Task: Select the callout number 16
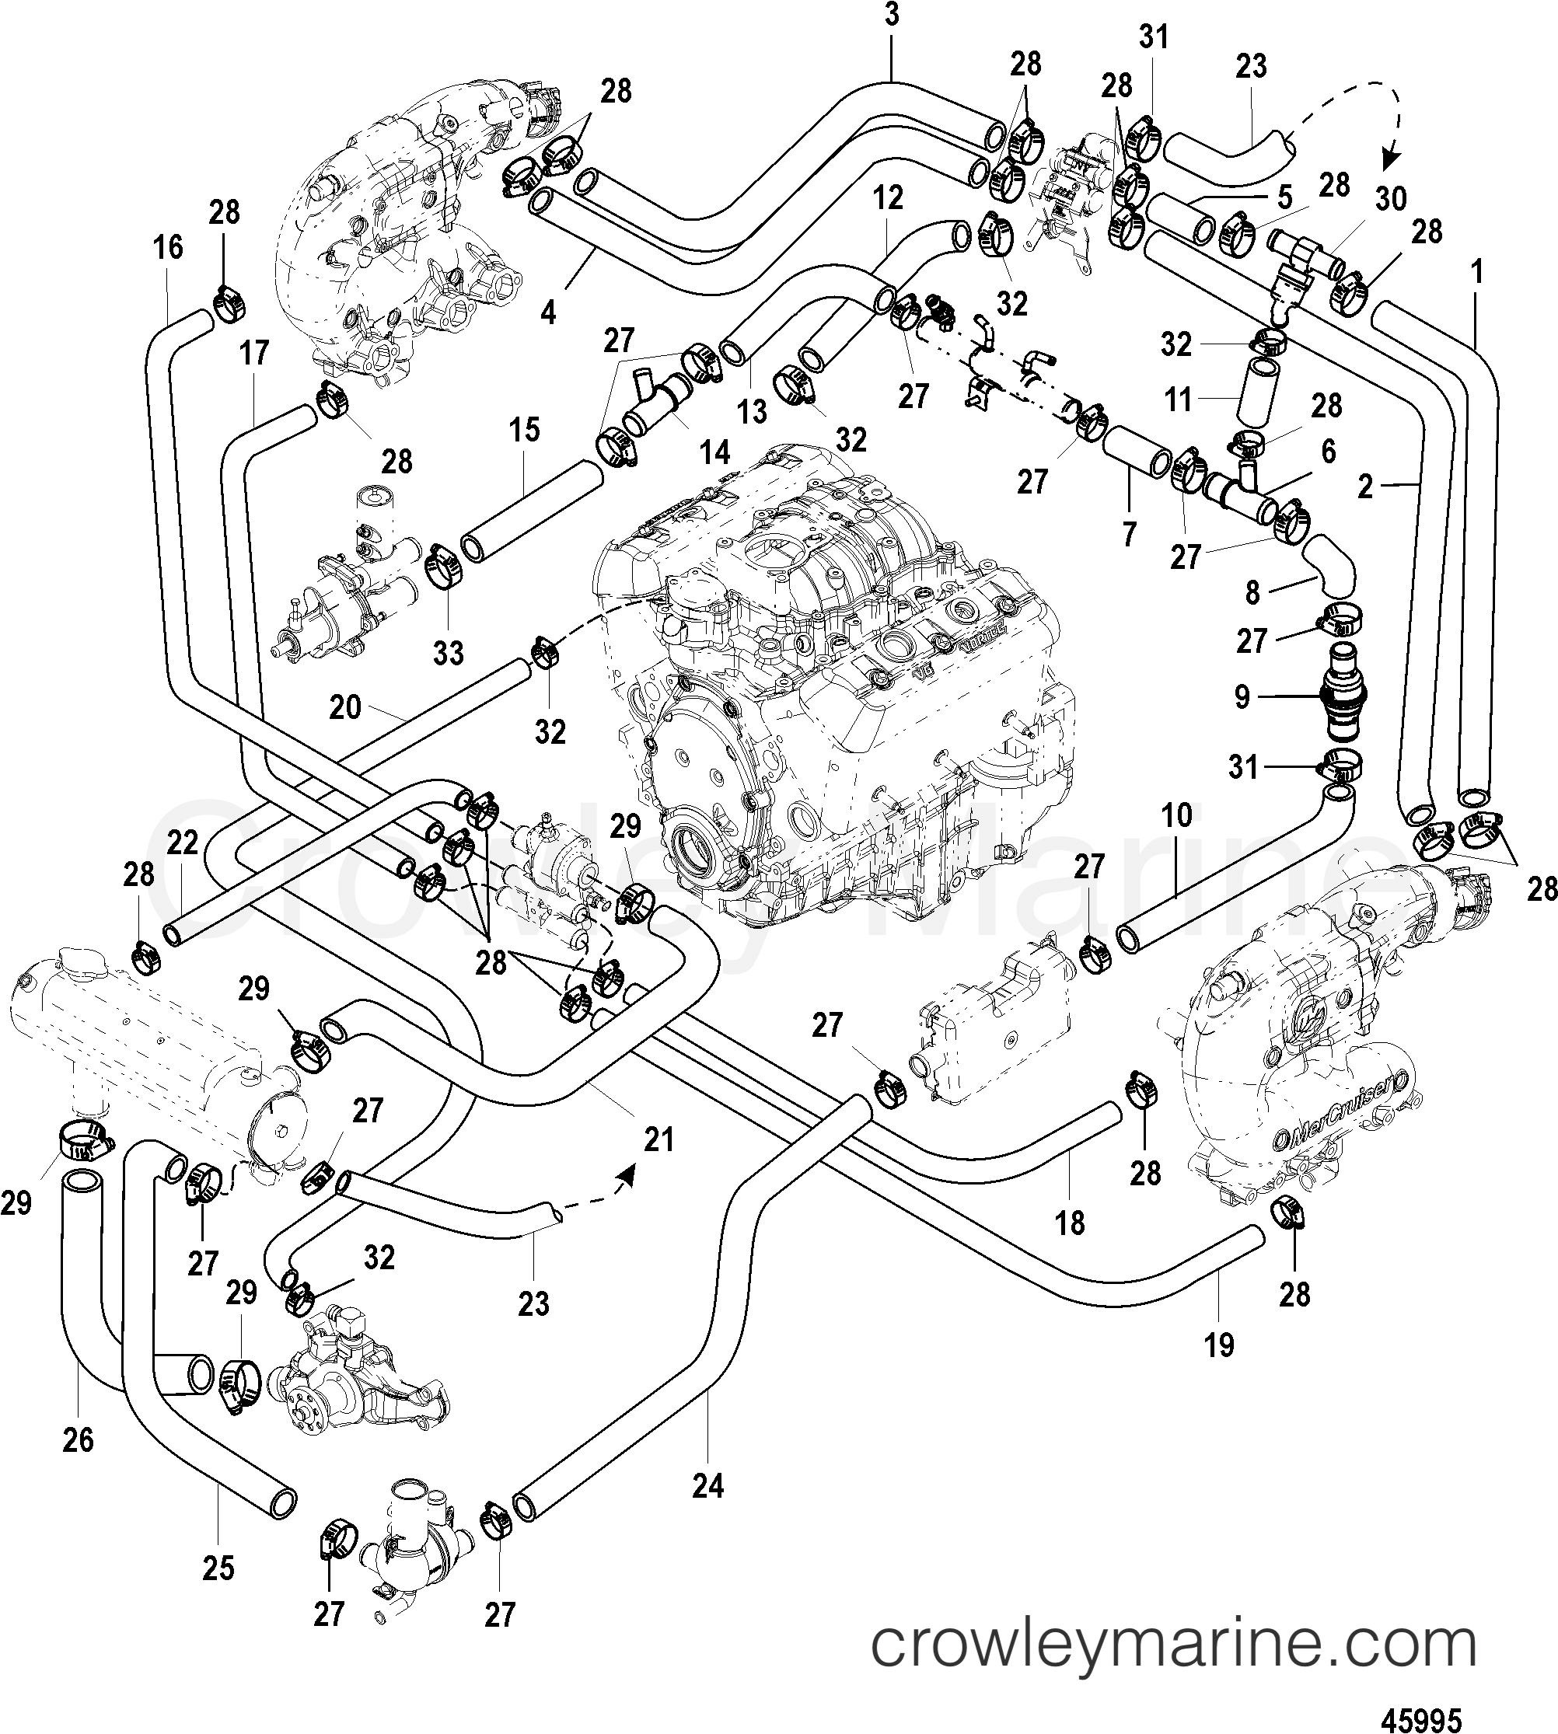point(169,248)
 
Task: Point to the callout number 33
point(448,652)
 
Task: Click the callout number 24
point(708,1487)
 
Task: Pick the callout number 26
point(78,1439)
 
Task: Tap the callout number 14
point(714,452)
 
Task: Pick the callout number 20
point(345,708)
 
